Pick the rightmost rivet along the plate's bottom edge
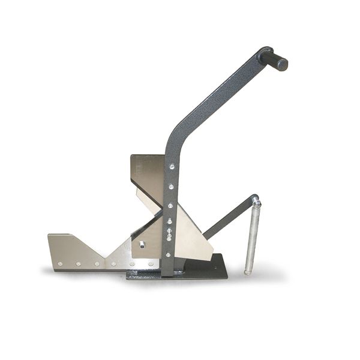[151, 263]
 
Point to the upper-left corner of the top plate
[133, 156]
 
